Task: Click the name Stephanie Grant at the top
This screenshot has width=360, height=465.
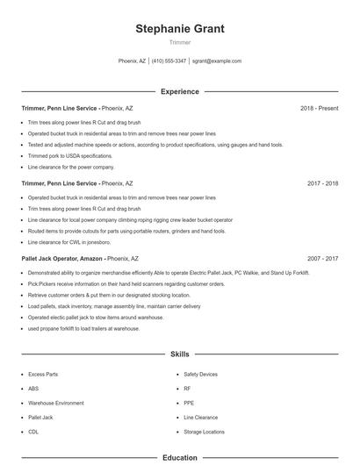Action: tap(179, 28)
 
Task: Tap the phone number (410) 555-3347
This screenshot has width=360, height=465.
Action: tap(169, 61)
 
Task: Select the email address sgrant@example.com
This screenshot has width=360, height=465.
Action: tap(217, 61)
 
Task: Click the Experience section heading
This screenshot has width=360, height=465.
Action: tap(179, 91)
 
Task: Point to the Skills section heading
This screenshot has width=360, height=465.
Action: tap(179, 354)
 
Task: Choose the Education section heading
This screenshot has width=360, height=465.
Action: tap(179, 457)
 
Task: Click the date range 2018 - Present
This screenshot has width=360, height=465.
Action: tap(319, 109)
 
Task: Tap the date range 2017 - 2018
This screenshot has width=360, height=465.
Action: tap(322, 184)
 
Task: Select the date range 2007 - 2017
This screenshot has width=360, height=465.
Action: tap(322, 259)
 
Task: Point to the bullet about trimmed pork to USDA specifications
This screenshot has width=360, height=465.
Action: tap(70, 155)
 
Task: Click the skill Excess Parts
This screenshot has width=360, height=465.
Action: tap(43, 374)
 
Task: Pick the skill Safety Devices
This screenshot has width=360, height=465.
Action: tap(200, 374)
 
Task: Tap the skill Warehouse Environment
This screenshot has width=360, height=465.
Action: tap(56, 403)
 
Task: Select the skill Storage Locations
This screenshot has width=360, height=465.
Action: tap(204, 432)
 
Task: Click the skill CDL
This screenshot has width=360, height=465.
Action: tap(33, 432)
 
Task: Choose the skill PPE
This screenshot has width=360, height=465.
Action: tap(189, 403)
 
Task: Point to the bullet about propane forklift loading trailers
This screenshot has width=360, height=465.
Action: tap(83, 328)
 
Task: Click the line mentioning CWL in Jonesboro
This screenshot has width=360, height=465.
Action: tap(69, 241)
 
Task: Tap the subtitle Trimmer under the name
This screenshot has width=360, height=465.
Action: tap(179, 42)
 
